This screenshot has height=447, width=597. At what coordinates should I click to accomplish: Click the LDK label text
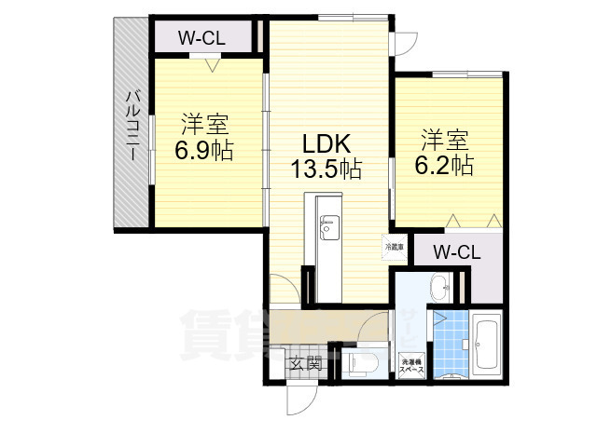(x=325, y=144)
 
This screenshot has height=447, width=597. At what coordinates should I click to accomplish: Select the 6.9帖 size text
(x=204, y=149)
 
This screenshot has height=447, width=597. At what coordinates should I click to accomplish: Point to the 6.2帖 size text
(x=444, y=166)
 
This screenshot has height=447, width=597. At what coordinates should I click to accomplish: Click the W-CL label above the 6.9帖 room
(x=201, y=39)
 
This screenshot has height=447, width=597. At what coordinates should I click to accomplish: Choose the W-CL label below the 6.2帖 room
(x=456, y=251)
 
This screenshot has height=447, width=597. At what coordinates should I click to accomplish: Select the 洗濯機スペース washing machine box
(x=410, y=366)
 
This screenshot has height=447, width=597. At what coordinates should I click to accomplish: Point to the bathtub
(x=487, y=345)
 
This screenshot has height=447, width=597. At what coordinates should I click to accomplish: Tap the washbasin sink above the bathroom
(x=439, y=285)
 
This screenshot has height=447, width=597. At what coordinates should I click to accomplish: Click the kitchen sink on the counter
(x=329, y=225)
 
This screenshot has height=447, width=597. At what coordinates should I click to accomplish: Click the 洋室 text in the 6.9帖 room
(x=204, y=124)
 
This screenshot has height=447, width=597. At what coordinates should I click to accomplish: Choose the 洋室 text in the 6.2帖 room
(x=444, y=142)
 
